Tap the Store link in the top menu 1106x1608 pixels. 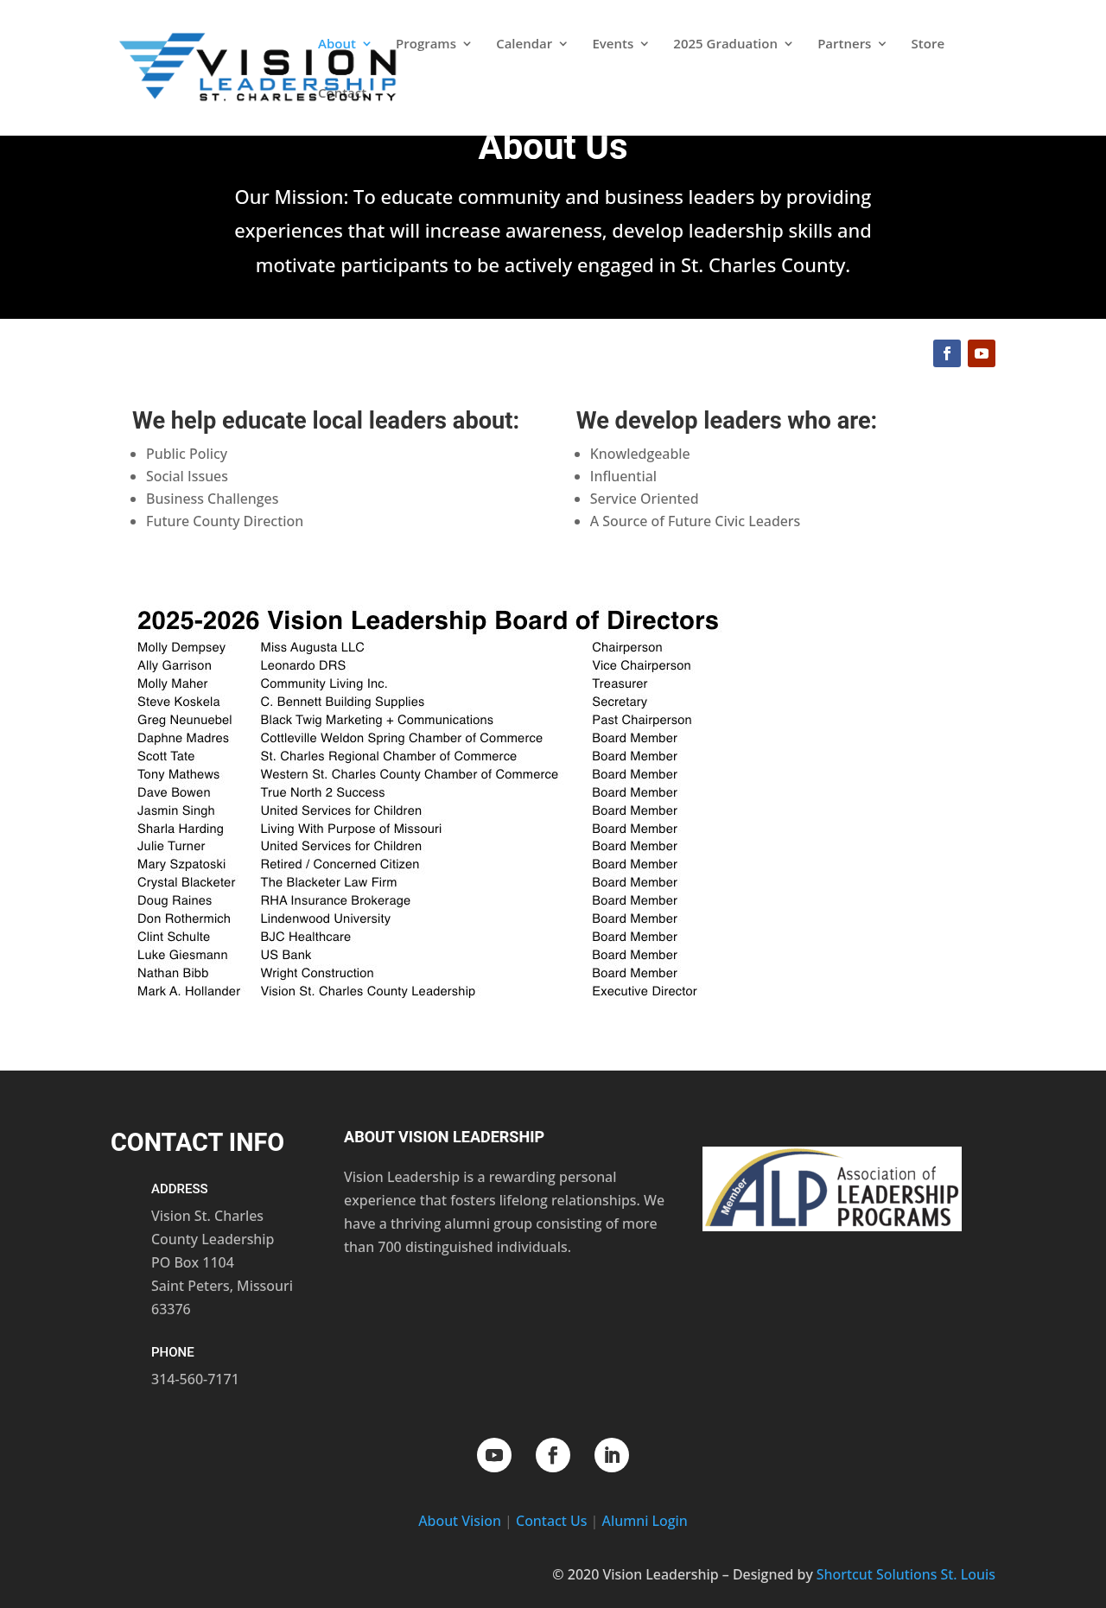[927, 44]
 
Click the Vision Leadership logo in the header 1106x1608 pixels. [257, 67]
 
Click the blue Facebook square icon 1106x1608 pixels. [947, 353]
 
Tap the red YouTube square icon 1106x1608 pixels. [982, 353]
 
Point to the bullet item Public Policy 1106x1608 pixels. [187, 454]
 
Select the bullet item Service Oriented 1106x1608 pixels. [644, 499]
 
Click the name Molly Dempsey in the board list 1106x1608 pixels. [181, 647]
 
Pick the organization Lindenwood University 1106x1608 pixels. [325, 918]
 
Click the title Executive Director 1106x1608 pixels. [645, 991]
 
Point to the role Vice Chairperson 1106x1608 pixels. [641, 665]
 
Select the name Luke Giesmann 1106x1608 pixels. [182, 955]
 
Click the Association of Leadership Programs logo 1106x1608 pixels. [831, 1189]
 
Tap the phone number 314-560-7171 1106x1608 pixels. [194, 1379]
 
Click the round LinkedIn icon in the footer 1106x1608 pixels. [612, 1455]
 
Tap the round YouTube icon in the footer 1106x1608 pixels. [494, 1455]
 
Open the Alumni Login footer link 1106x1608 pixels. [645, 1521]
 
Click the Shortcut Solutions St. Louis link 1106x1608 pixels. [906, 1574]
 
